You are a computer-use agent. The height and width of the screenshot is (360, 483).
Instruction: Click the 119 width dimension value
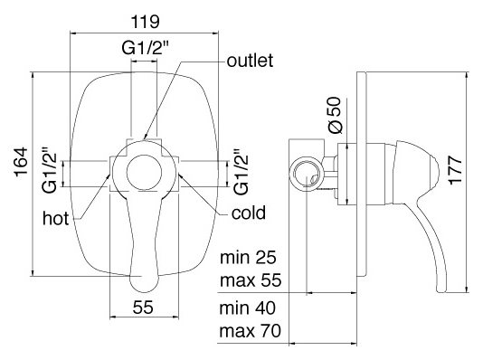click(146, 22)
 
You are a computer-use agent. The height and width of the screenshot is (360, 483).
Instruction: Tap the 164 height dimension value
click(21, 162)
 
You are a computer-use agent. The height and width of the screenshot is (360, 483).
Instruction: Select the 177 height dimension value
click(455, 170)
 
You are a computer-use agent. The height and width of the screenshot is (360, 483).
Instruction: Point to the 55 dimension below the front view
click(143, 307)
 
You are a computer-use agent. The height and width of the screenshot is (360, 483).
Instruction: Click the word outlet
click(250, 61)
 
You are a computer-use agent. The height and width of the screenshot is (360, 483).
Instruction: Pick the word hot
click(56, 218)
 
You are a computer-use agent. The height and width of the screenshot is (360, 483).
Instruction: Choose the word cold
click(249, 213)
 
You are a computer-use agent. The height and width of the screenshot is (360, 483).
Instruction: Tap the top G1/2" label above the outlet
click(146, 48)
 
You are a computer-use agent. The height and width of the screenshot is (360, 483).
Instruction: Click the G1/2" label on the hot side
click(51, 170)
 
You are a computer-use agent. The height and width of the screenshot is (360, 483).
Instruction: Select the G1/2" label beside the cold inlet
click(241, 172)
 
